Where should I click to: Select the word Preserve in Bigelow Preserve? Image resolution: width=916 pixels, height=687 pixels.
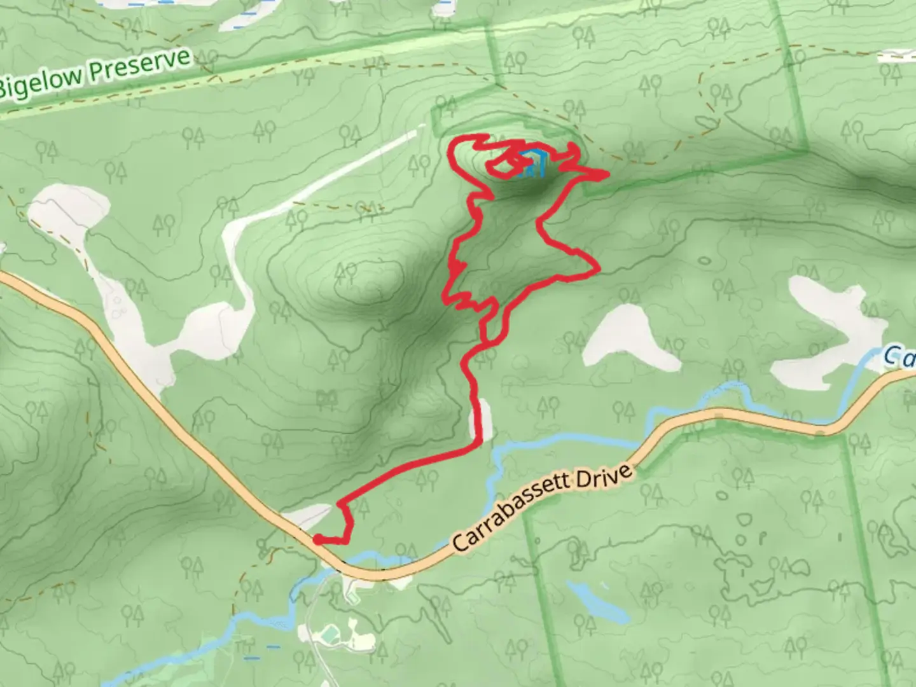point(139,66)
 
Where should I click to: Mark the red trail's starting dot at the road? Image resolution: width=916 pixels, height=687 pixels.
point(317,540)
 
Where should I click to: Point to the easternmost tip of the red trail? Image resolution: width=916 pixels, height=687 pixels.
point(607,173)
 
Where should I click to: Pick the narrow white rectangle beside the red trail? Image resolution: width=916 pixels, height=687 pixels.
point(485,419)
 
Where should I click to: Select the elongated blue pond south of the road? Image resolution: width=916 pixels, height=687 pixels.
point(597,600)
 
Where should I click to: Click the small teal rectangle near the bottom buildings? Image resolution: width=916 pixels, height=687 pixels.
point(330,634)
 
